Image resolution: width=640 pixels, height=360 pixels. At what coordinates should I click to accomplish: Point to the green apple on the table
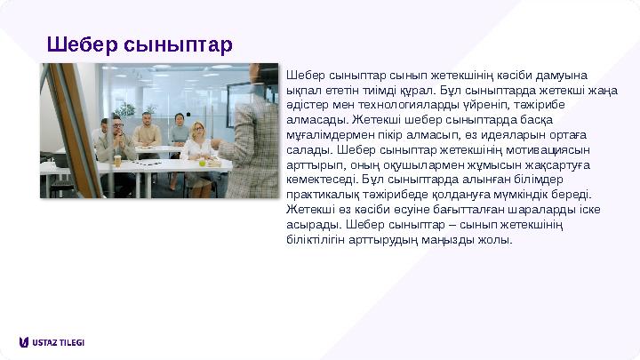click(201, 163)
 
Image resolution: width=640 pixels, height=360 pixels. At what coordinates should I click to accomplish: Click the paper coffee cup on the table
click(116, 161)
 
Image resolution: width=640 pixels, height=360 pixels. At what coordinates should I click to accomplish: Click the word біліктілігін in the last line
click(316, 239)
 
